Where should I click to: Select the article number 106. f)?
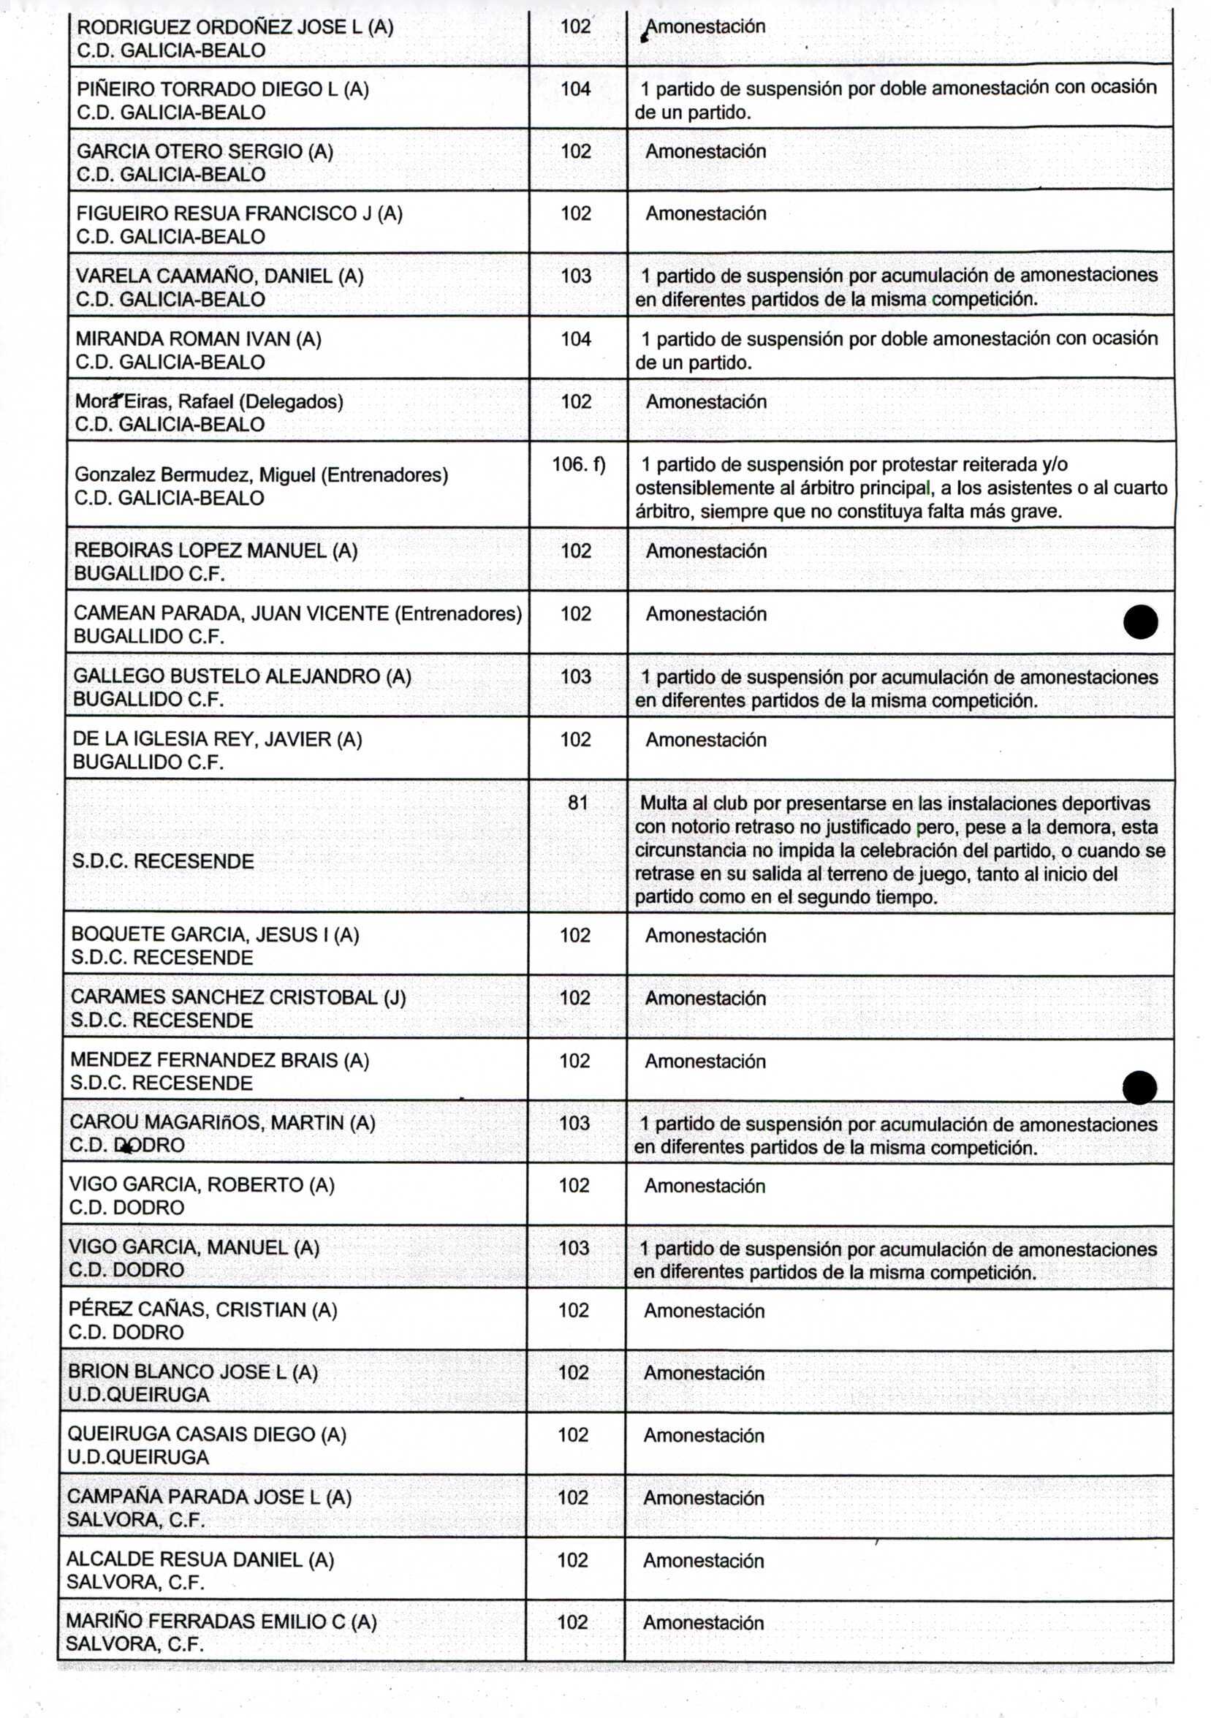(x=578, y=465)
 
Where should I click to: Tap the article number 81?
(x=577, y=803)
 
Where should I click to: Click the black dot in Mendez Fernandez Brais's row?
(x=1139, y=1087)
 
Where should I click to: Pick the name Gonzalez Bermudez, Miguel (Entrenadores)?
(x=261, y=475)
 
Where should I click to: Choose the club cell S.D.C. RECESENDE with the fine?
(x=163, y=861)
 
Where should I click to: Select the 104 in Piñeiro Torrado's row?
(x=575, y=89)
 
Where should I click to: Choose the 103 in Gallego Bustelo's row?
(x=575, y=676)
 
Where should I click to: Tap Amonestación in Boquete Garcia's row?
(x=705, y=935)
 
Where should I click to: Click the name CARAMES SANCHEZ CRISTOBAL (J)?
(x=238, y=997)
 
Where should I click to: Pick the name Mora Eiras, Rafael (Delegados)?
(x=209, y=402)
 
